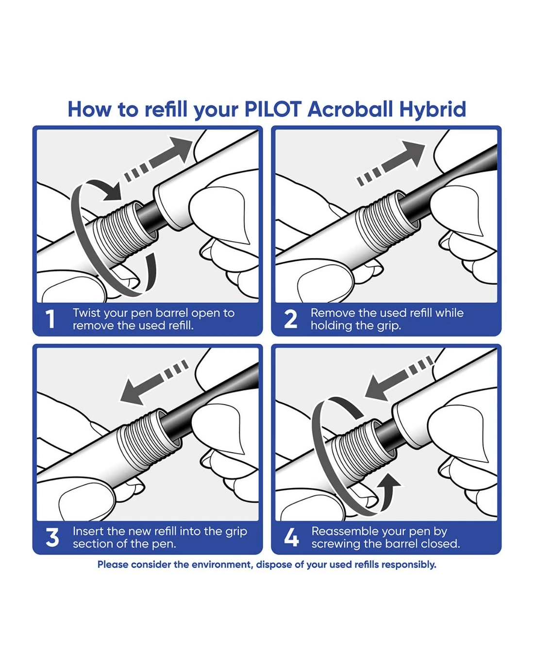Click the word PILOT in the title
[273, 110]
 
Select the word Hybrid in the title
[433, 110]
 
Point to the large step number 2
[290, 319]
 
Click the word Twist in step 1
[86, 313]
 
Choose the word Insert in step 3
[88, 531]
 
